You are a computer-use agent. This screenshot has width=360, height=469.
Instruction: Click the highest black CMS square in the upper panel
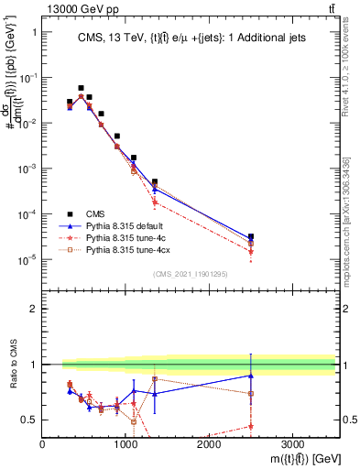(x=81, y=88)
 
